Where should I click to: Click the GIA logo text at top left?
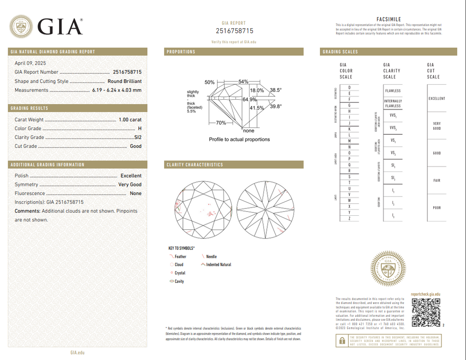(60, 27)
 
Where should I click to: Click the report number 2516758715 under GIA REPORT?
(234, 31)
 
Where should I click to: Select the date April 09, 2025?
(30, 63)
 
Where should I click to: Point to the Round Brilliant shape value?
(124, 81)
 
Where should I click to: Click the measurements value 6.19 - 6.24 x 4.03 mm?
(117, 90)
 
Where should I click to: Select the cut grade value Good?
(136, 146)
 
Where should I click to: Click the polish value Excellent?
(131, 176)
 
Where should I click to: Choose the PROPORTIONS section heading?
(181, 52)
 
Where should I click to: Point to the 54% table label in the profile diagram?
(243, 82)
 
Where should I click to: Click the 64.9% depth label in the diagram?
(249, 99)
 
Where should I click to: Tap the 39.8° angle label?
(276, 106)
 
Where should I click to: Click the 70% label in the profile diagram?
(221, 123)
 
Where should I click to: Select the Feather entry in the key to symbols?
(180, 257)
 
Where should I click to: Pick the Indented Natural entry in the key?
(218, 264)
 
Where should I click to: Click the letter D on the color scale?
(349, 87)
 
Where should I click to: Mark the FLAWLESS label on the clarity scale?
(393, 91)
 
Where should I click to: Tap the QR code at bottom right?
(425, 313)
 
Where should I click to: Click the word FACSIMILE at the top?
(389, 19)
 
